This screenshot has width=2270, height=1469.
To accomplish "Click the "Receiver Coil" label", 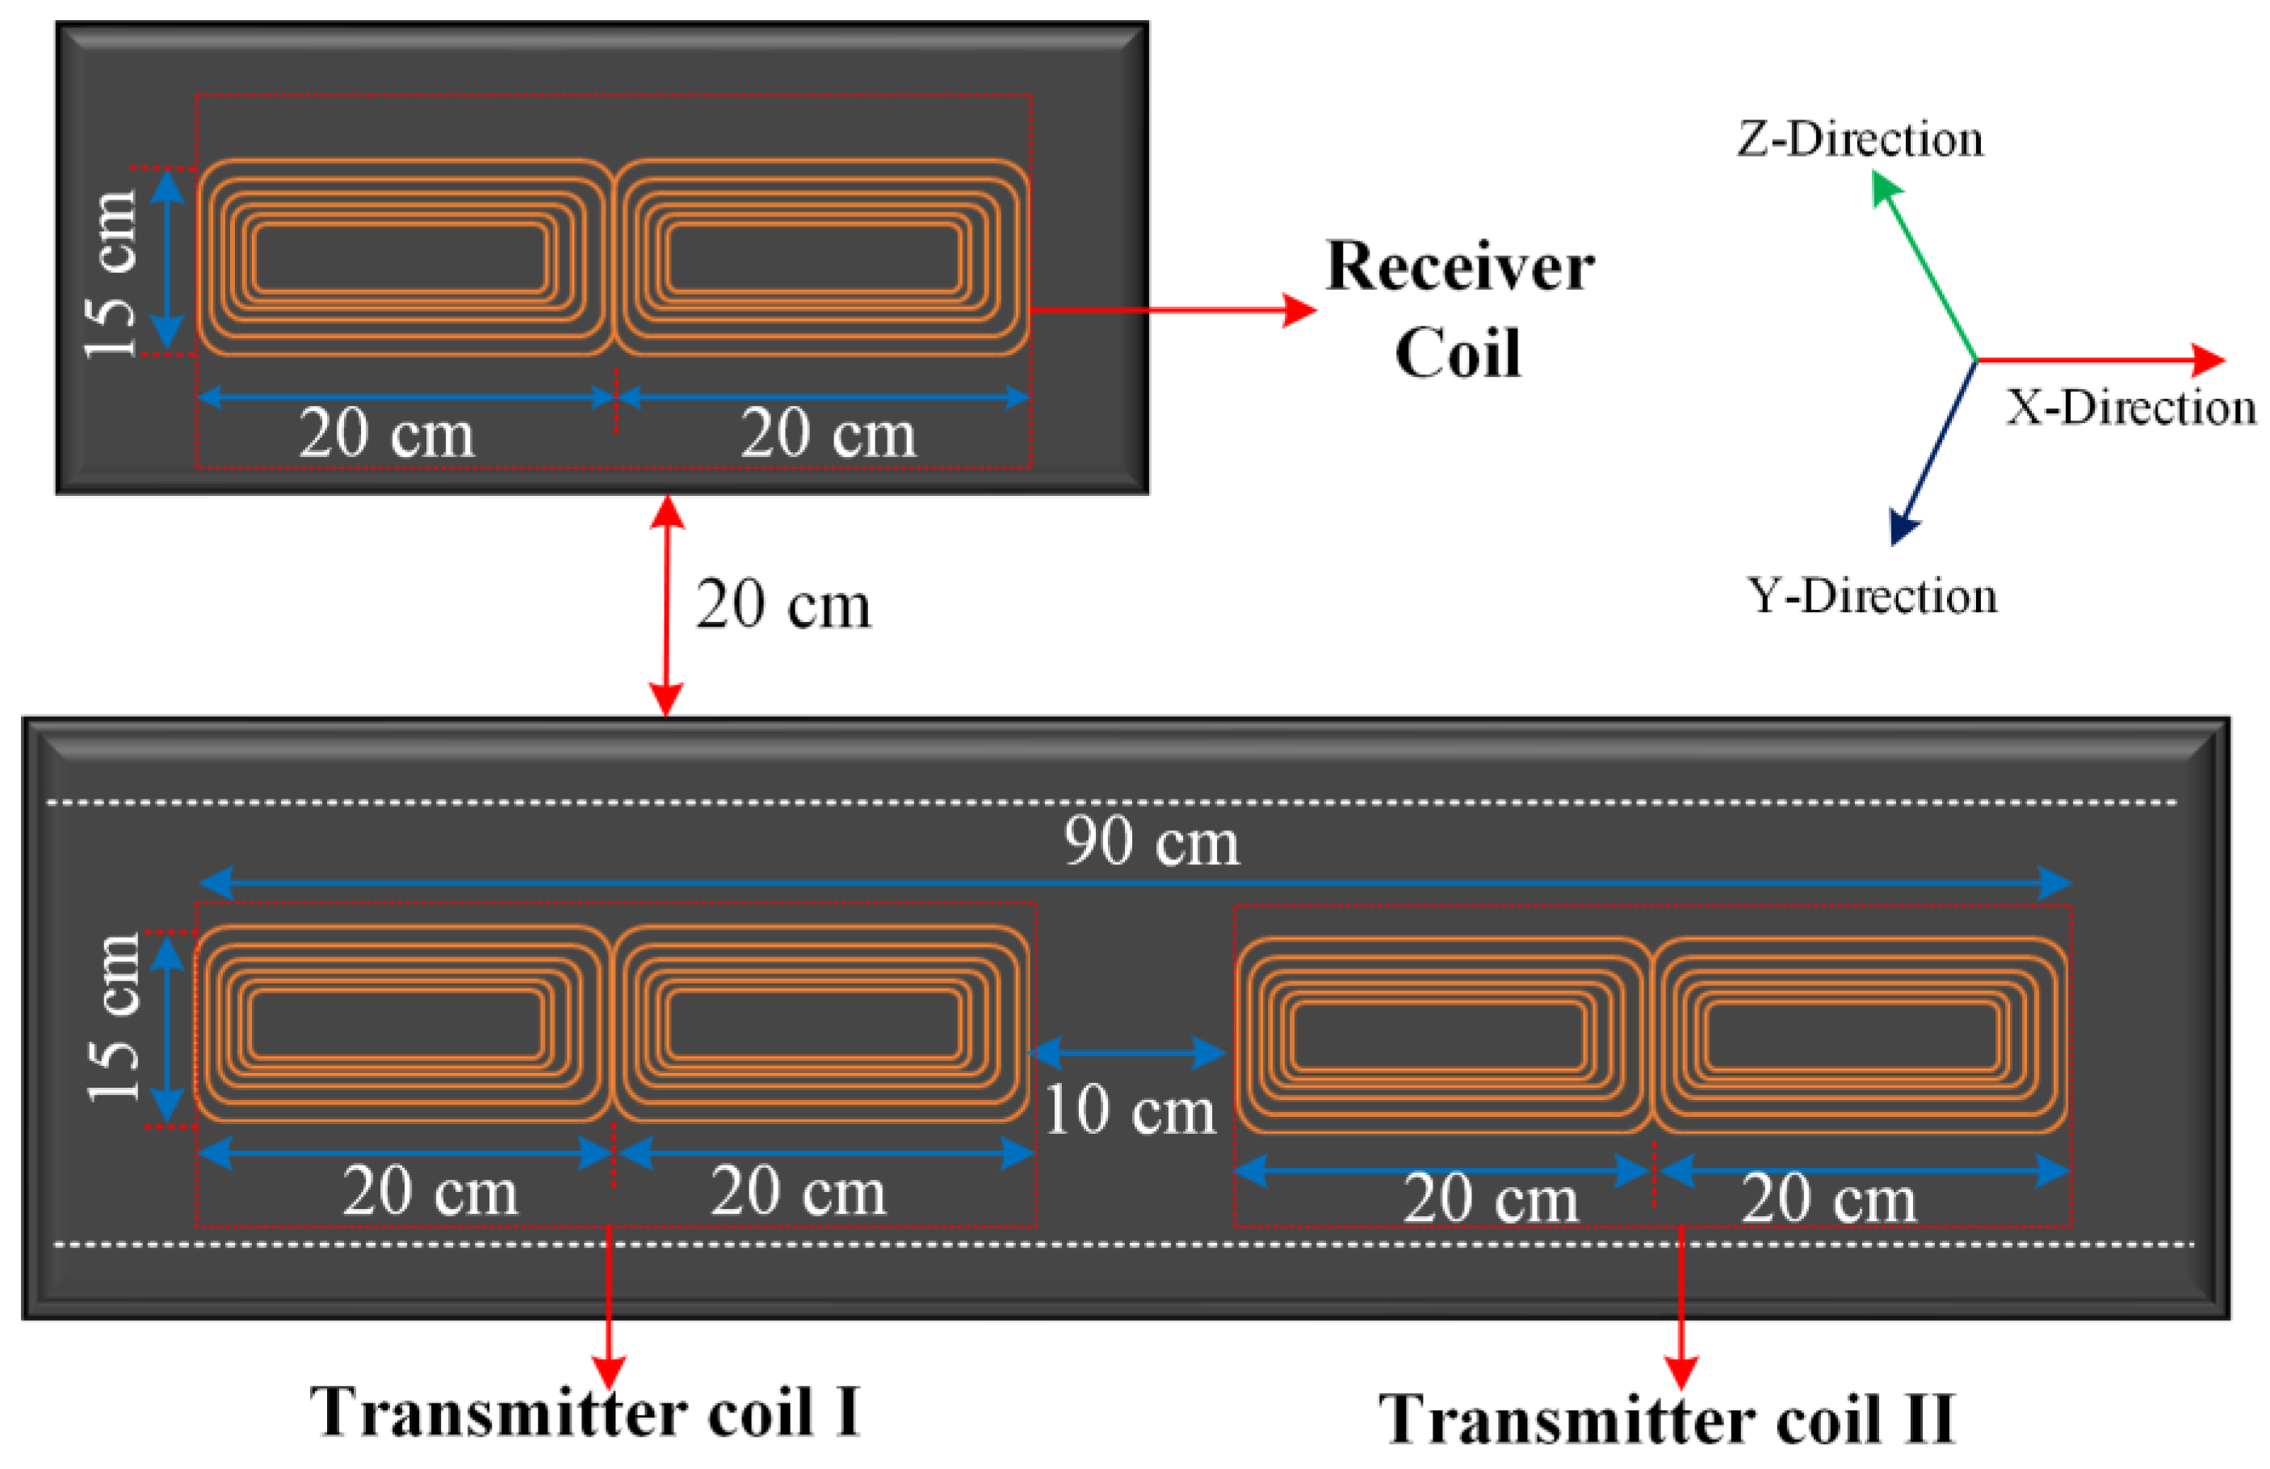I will [x=1459, y=309].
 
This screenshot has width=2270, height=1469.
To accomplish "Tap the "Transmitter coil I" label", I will [x=585, y=1412].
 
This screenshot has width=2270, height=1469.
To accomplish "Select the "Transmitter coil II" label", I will [x=1668, y=1421].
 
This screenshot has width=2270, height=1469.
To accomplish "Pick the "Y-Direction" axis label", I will [x=1871, y=596].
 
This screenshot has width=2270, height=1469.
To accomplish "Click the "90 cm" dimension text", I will [x=1152, y=842].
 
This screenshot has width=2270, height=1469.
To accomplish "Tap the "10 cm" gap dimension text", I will [x=1131, y=1110].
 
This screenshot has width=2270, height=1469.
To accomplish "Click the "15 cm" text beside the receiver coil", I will [x=111, y=275].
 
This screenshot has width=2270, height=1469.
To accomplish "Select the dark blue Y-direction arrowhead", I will [x=1901, y=528].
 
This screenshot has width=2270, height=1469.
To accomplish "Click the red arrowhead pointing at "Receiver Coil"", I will [x=1299, y=310].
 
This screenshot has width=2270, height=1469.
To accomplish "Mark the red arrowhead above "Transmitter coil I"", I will [x=609, y=1372].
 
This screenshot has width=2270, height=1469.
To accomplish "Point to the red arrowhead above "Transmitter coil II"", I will [x=1680, y=1374].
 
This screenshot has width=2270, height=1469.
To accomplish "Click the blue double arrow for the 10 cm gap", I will [x=1127, y=1053].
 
